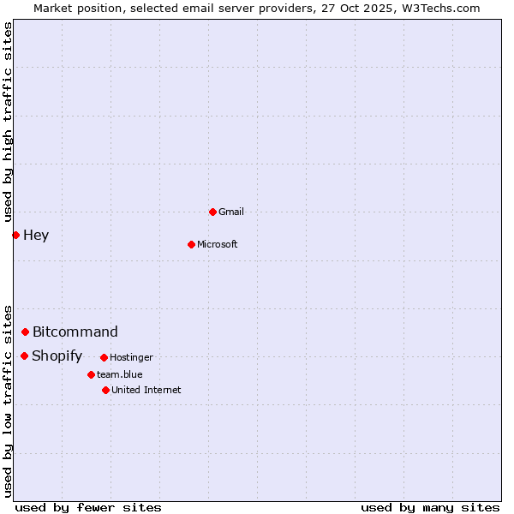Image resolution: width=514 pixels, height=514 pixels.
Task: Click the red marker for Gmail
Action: pyautogui.click(x=212, y=212)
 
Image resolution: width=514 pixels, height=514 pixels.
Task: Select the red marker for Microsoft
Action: pyautogui.click(x=191, y=244)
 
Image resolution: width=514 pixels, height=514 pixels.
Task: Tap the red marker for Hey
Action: pyautogui.click(x=15, y=235)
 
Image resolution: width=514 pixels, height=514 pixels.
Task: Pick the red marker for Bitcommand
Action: pyautogui.click(x=25, y=332)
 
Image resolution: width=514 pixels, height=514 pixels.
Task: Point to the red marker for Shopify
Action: pyautogui.click(x=24, y=356)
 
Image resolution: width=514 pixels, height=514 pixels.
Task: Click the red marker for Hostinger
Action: pyautogui.click(x=104, y=357)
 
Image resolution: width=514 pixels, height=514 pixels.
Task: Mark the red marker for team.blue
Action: pyautogui.click(x=91, y=374)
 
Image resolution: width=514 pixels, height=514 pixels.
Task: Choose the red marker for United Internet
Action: pyautogui.click(x=105, y=390)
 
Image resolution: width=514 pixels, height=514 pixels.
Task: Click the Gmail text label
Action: pyautogui.click(x=231, y=212)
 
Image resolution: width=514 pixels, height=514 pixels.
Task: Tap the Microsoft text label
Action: pyautogui.click(x=218, y=244)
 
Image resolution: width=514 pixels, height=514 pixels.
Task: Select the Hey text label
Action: pyautogui.click(x=36, y=236)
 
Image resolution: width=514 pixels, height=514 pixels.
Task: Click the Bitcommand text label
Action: pyautogui.click(x=75, y=332)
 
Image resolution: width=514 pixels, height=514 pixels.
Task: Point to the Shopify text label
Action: pyautogui.click(x=57, y=356)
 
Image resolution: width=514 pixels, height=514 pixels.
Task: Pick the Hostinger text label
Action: pyautogui.click(x=131, y=357)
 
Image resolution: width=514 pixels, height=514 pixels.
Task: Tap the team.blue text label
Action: pyautogui.click(x=119, y=374)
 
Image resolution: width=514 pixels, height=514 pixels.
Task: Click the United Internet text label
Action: pyautogui.click(x=146, y=390)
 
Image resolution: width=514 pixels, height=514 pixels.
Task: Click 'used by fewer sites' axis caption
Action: pyautogui.click(x=88, y=507)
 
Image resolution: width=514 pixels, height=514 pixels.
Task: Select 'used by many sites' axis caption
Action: pyautogui.click(x=430, y=507)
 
